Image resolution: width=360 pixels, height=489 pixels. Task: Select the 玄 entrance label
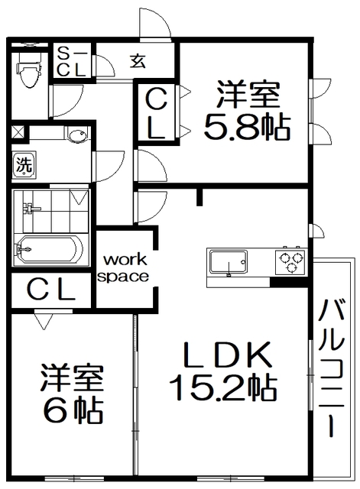tap(138, 61)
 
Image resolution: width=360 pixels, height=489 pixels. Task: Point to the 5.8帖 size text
tap(247, 126)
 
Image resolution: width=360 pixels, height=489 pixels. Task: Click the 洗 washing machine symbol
tap(23, 164)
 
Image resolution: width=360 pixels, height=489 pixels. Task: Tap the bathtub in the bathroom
tap(47, 249)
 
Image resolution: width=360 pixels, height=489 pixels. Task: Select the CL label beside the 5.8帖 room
tap(155, 112)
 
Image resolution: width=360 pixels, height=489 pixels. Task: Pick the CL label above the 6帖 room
tap(51, 290)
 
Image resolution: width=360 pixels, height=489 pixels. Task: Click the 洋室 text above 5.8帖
tap(247, 96)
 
